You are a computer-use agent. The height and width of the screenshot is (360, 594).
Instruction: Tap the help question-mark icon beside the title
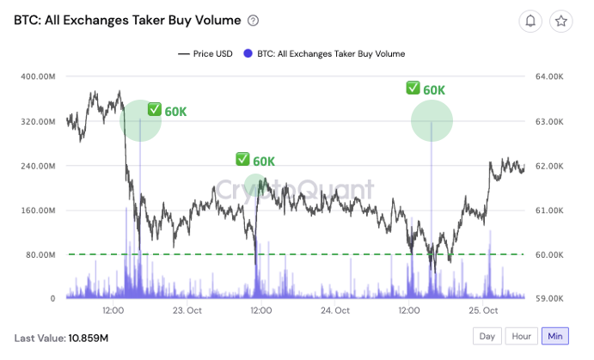(253, 21)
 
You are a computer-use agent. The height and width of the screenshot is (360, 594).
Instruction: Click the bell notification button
(531, 21)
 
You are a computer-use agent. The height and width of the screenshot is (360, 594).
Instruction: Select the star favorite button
(561, 21)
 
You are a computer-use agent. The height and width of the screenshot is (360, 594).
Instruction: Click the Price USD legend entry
(205, 53)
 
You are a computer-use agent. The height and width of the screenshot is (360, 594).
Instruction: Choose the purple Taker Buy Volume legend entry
(325, 53)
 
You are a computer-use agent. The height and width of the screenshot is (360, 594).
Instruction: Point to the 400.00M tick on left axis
(38, 76)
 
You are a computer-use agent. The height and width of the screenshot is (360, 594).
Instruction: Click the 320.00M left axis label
(38, 121)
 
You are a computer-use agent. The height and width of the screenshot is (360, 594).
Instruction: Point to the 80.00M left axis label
(40, 254)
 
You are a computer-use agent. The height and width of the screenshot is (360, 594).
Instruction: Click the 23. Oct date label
(188, 310)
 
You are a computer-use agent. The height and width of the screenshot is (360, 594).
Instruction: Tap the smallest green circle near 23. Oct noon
(255, 184)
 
